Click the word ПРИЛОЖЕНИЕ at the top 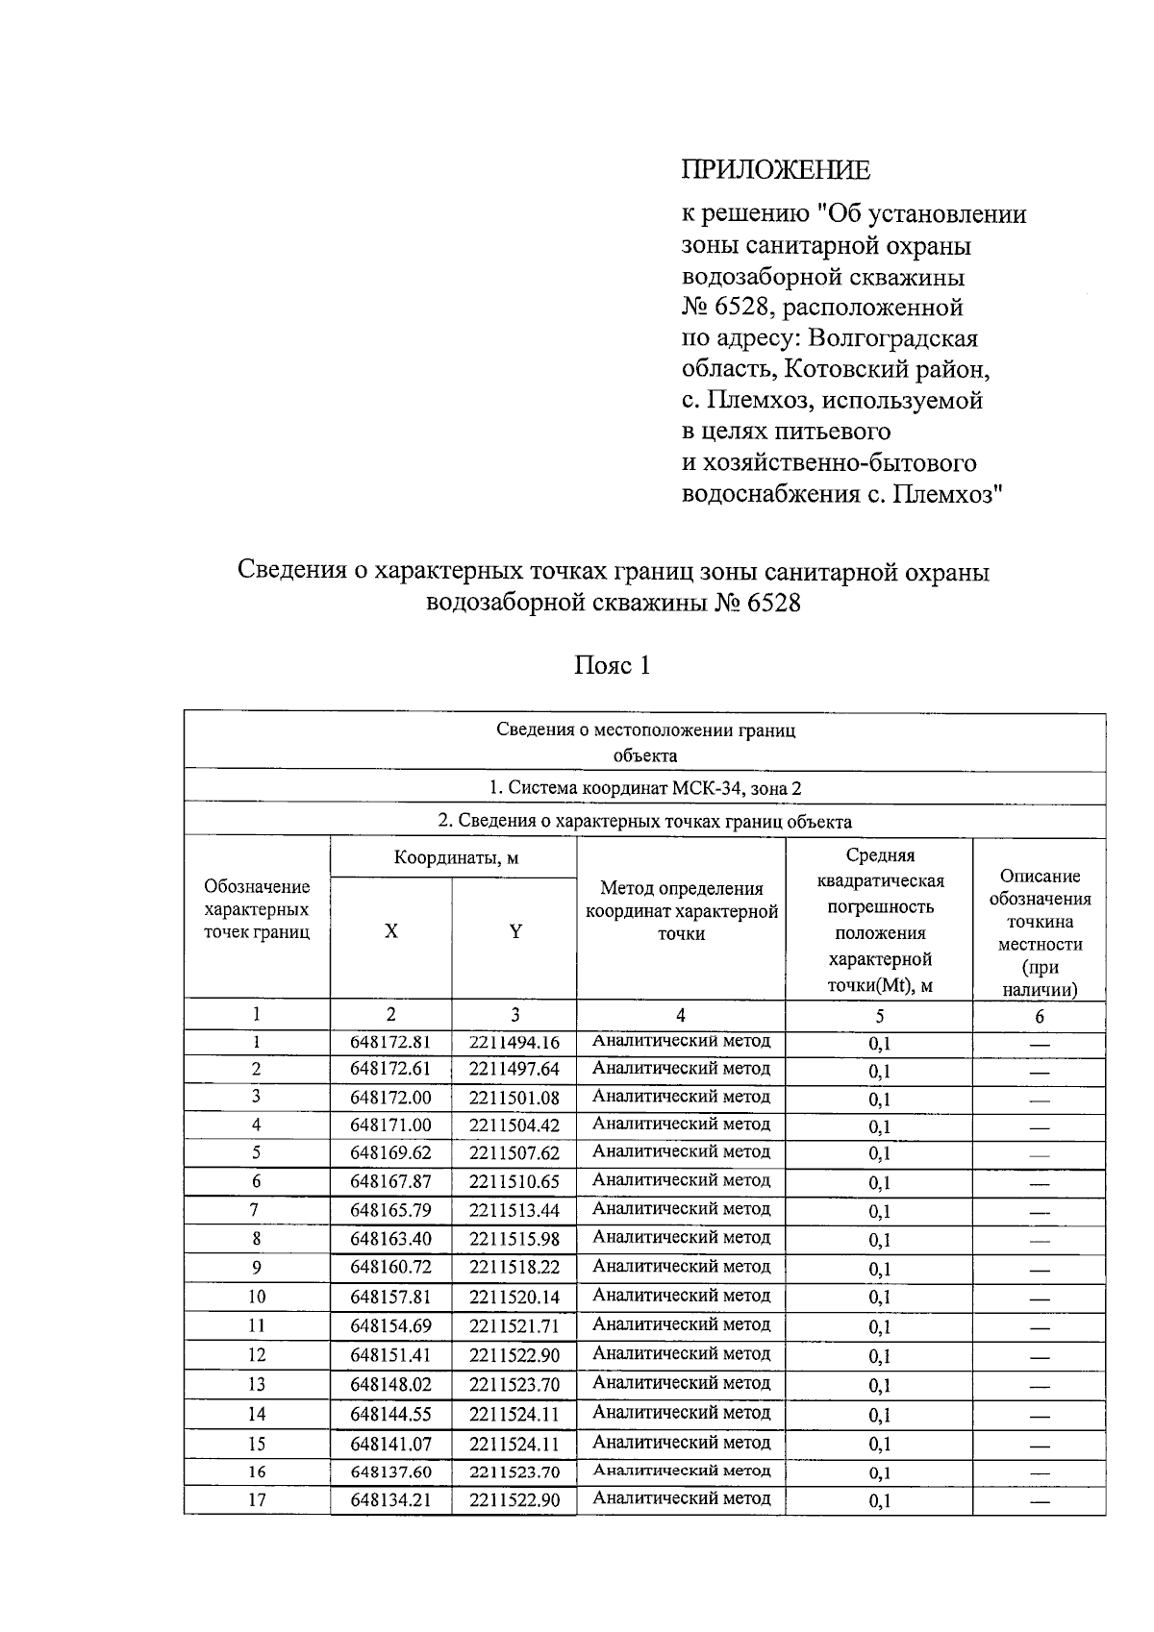pyautogui.click(x=775, y=170)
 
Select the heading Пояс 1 pyautogui.click(x=612, y=665)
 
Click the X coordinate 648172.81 pyautogui.click(x=390, y=1043)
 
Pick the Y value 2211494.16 pyautogui.click(x=514, y=1043)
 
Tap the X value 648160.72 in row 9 pyautogui.click(x=390, y=1268)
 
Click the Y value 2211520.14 pyautogui.click(x=514, y=1298)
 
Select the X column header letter pyautogui.click(x=390, y=931)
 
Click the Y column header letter pyautogui.click(x=515, y=931)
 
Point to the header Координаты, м pyautogui.click(x=456, y=858)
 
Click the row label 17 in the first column pyautogui.click(x=257, y=1500)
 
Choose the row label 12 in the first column pyautogui.click(x=257, y=1355)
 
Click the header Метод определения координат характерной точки pyautogui.click(x=682, y=911)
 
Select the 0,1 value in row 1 pyautogui.click(x=879, y=1045)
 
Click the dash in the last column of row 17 pyautogui.click(x=1039, y=1501)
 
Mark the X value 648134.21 pyautogui.click(x=390, y=1501)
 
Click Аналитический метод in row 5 pyautogui.click(x=682, y=1151)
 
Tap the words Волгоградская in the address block pyautogui.click(x=893, y=338)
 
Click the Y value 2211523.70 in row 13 pyautogui.click(x=514, y=1385)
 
